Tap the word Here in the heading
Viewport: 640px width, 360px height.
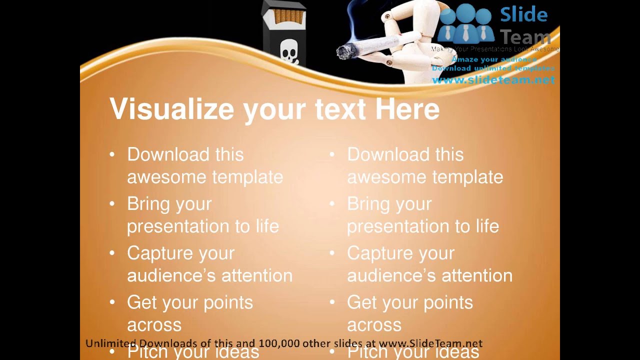point(407,108)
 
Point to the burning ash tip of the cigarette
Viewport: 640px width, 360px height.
point(344,51)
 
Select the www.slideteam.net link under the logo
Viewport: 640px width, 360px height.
point(493,80)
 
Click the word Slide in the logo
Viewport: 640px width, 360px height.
point(523,15)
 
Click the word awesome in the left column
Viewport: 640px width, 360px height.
point(167,177)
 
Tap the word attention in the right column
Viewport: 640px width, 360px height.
point(477,275)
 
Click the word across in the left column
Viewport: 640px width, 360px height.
point(154,325)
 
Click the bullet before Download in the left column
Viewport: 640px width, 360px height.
point(112,155)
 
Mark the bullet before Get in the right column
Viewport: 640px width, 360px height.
point(332,302)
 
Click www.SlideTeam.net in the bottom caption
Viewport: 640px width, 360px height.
point(430,343)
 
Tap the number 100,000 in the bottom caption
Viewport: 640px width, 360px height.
point(279,343)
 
